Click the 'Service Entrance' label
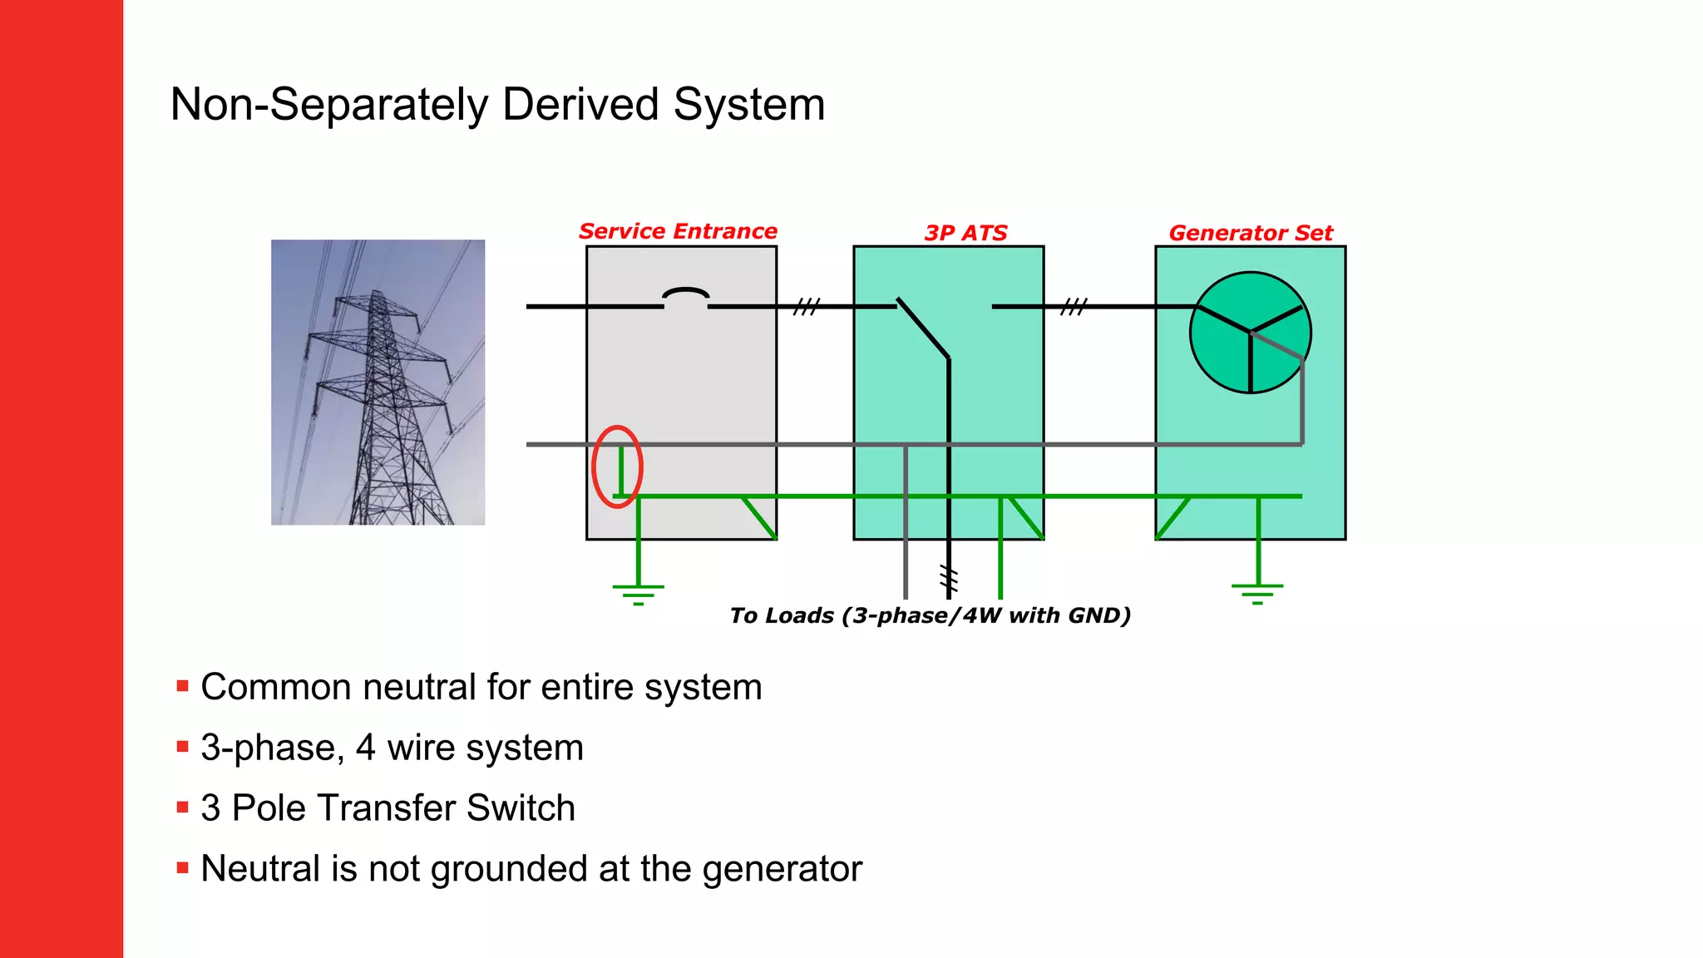(678, 231)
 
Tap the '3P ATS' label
(965, 233)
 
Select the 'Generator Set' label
(1250, 233)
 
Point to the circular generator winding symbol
(1250, 332)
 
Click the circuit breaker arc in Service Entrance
(686, 294)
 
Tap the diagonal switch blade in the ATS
(923, 328)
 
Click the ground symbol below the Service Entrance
(638, 592)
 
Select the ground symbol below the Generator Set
(1257, 592)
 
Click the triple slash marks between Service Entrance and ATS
(806, 307)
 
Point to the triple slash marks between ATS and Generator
(1074, 307)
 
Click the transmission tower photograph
(378, 382)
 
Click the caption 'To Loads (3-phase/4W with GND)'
(930, 615)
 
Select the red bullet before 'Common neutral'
(183, 686)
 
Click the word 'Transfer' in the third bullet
(389, 807)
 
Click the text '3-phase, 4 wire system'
(392, 747)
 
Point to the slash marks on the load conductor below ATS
(949, 578)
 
